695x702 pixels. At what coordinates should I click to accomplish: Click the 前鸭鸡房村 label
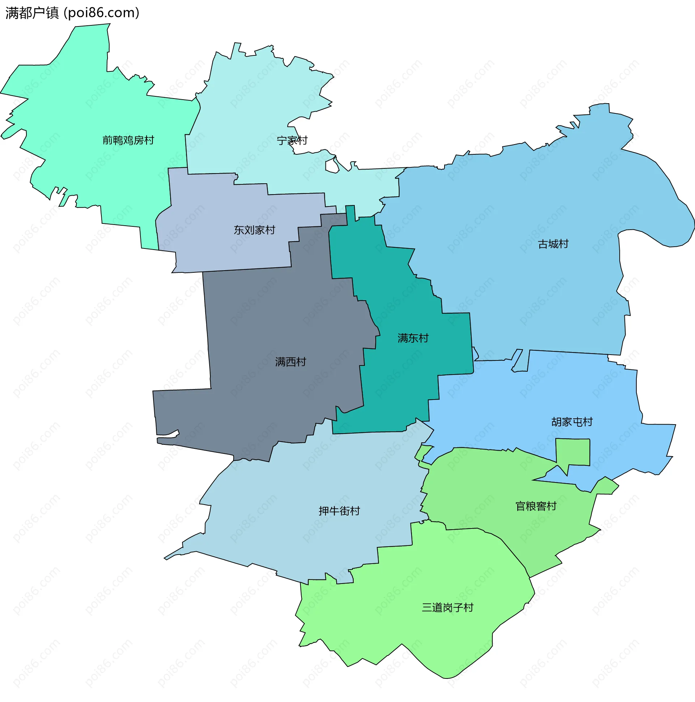pyautogui.click(x=128, y=140)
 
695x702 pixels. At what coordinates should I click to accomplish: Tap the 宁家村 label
pyautogui.click(x=292, y=140)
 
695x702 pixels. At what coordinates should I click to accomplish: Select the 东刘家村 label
pyautogui.click(x=254, y=230)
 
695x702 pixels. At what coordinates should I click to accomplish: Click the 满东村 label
pyautogui.click(x=413, y=338)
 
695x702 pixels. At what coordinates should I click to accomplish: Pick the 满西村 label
pyautogui.click(x=291, y=362)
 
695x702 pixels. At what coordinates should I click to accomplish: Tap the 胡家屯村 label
pyautogui.click(x=572, y=422)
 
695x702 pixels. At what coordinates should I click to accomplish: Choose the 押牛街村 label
pyautogui.click(x=339, y=511)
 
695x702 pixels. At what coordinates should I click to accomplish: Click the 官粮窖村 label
pyautogui.click(x=536, y=506)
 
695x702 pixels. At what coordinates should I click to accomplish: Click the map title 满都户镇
pyautogui.click(x=32, y=13)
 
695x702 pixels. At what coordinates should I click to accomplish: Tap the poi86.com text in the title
pyautogui.click(x=102, y=13)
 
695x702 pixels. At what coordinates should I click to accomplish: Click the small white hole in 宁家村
pyautogui.click(x=332, y=166)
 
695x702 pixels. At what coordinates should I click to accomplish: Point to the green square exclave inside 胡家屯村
pyautogui.click(x=573, y=452)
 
